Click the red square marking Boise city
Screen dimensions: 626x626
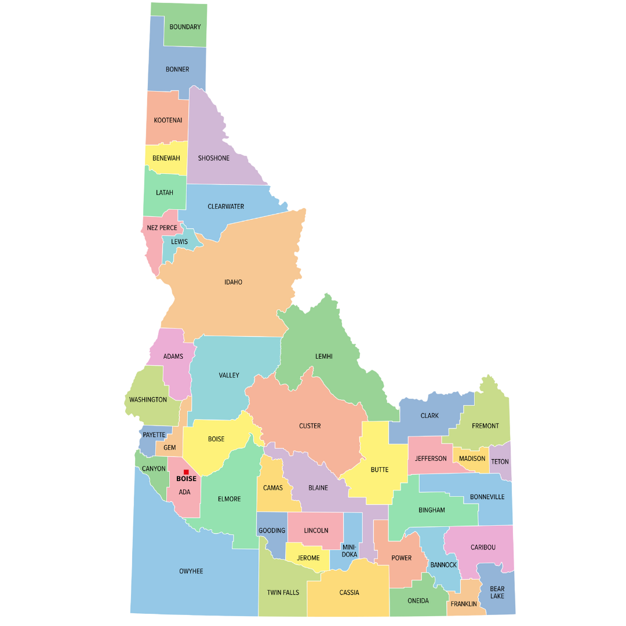pos(186,472)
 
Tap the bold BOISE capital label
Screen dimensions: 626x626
pos(186,479)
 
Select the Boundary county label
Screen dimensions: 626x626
pos(185,27)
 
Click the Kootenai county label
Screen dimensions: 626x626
pos(168,121)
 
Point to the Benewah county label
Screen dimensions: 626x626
pos(166,158)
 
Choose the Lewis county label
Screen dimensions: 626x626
pos(179,242)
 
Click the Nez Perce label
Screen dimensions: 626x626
pos(162,228)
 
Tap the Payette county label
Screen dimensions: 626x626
pos(154,435)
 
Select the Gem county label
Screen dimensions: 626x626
pos(169,447)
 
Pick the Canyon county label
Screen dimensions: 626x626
pos(154,468)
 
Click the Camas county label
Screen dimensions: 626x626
pos(272,488)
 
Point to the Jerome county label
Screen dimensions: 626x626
pos(308,558)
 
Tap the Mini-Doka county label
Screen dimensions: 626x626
pos(349,551)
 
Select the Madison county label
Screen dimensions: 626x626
pos(472,458)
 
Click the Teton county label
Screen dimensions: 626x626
pos(500,461)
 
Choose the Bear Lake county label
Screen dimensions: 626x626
pos(497,592)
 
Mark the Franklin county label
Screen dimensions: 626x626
pos(464,604)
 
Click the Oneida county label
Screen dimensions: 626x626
pos(418,600)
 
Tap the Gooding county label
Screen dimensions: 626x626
pos(271,530)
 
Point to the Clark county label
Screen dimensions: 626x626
pos(430,416)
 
